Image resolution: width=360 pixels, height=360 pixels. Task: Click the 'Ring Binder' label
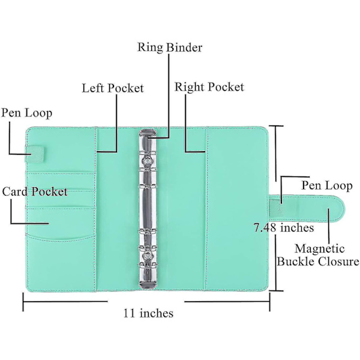coord(170,47)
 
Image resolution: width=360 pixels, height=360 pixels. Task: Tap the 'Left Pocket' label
coord(113,88)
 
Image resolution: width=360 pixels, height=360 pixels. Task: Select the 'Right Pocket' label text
coord(209,87)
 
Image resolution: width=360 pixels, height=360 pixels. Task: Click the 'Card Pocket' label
coord(34,192)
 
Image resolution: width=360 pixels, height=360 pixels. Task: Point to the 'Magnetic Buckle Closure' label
coord(318,255)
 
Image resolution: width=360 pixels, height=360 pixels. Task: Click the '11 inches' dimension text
coord(148,313)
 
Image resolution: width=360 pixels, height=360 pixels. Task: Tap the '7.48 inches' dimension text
coord(284,228)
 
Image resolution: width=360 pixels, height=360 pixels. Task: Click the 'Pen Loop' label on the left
coord(26,113)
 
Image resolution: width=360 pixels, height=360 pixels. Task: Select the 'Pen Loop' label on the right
coord(326,186)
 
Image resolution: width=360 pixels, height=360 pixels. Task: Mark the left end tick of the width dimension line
coord(23,301)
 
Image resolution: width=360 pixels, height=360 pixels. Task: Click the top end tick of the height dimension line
coord(276,126)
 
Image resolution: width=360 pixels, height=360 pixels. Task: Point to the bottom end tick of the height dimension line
coord(276,290)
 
